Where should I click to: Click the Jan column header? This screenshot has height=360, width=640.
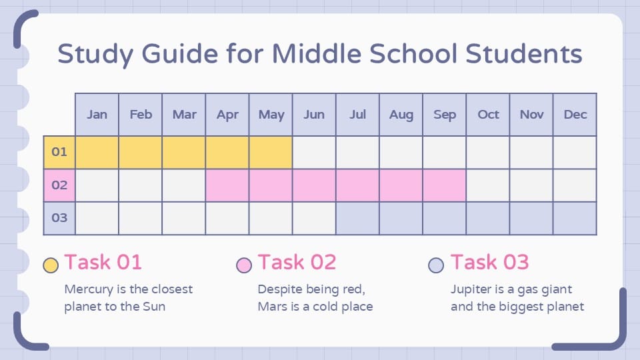pyautogui.click(x=97, y=115)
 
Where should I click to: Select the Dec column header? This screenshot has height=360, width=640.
pyautogui.click(x=575, y=115)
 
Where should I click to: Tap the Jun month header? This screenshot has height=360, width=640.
pyautogui.click(x=314, y=115)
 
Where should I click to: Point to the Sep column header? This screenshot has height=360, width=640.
pyautogui.click(x=445, y=115)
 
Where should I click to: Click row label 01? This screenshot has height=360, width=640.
pyautogui.click(x=59, y=152)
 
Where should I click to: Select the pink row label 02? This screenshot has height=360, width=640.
pyautogui.click(x=59, y=185)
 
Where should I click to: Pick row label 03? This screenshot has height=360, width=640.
pyautogui.click(x=59, y=218)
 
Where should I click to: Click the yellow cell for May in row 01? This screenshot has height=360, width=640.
pyautogui.click(x=271, y=152)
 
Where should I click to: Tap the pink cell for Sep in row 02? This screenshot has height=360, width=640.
pyautogui.click(x=445, y=185)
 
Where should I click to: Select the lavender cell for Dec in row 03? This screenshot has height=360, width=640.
pyautogui.click(x=575, y=218)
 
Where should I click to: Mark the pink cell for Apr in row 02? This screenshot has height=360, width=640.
pyautogui.click(x=227, y=185)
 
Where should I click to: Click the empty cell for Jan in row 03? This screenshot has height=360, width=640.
pyautogui.click(x=97, y=218)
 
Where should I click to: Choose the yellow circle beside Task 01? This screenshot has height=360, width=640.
pyautogui.click(x=50, y=265)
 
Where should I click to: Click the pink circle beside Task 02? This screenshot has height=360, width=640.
pyautogui.click(x=244, y=265)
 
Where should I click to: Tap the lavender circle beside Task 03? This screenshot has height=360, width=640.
pyautogui.click(x=436, y=265)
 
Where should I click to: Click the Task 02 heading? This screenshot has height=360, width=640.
pyautogui.click(x=297, y=262)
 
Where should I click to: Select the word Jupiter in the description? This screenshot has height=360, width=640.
pyautogui.click(x=473, y=289)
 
